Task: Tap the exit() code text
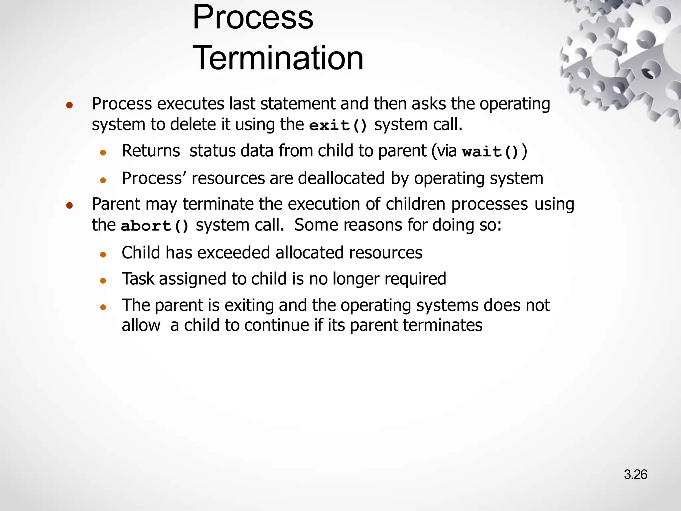click(338, 125)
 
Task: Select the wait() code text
click(490, 152)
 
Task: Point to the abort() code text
click(155, 226)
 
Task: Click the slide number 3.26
click(635, 474)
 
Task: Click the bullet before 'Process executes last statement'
click(69, 105)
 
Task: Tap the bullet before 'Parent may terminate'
click(69, 206)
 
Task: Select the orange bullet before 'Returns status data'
click(103, 153)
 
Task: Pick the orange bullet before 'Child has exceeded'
click(103, 255)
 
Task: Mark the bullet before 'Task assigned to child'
click(103, 280)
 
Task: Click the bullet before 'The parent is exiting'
click(103, 307)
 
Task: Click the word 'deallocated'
click(341, 178)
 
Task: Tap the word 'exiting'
click(249, 306)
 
